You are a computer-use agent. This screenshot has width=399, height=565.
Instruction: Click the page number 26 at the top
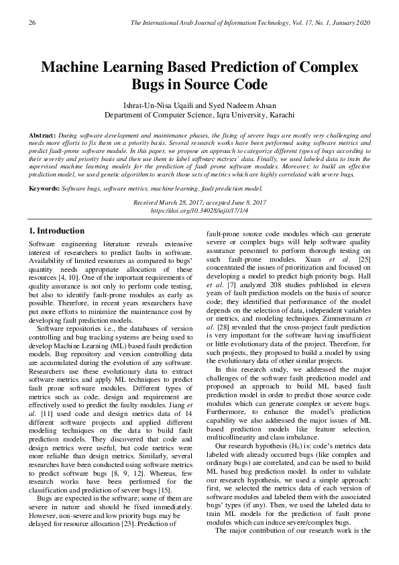[31, 24]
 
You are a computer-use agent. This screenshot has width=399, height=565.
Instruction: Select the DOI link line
[199, 210]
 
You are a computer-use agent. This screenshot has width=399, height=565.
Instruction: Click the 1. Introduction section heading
[57, 231]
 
